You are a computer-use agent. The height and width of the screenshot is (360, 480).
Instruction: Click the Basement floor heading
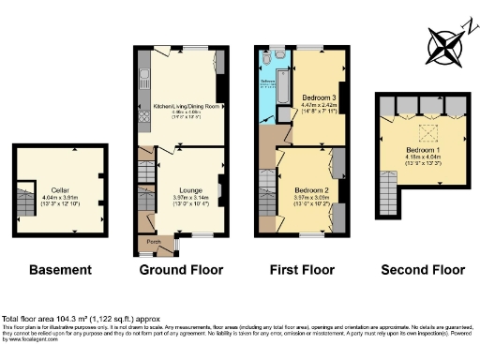click(x=60, y=270)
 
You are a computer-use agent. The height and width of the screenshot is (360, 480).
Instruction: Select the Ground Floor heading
click(x=181, y=270)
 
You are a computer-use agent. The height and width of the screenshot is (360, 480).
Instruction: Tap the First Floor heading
click(x=301, y=270)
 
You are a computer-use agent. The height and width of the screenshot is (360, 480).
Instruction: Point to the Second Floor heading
click(x=422, y=270)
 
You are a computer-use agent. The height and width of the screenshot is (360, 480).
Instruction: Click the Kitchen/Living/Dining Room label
click(x=184, y=107)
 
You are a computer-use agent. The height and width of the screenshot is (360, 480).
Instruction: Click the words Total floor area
click(x=28, y=320)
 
